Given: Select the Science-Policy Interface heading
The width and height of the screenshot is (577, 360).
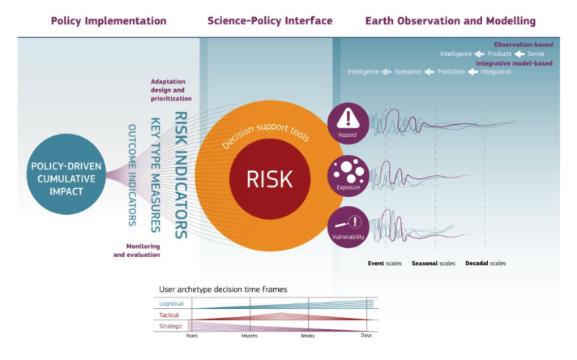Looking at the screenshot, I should pyautogui.click(x=269, y=20).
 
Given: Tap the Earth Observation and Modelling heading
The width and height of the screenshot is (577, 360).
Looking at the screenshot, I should pyautogui.click(x=451, y=20).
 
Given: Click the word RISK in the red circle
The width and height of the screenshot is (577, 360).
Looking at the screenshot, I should pyautogui.click(x=269, y=178).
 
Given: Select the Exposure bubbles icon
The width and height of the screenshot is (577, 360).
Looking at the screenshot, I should pyautogui.click(x=348, y=172).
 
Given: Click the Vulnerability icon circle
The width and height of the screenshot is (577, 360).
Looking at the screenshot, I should pyautogui.click(x=348, y=225).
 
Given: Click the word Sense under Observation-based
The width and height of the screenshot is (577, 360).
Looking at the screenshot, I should pyautogui.click(x=536, y=54).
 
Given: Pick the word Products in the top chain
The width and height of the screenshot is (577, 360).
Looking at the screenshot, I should pyautogui.click(x=499, y=54).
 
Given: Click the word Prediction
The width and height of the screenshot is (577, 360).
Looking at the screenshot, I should pyautogui.click(x=451, y=71).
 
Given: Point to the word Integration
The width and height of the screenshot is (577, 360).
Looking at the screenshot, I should pyautogui.click(x=496, y=71).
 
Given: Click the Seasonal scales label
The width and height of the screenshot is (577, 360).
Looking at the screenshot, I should pyautogui.click(x=433, y=264).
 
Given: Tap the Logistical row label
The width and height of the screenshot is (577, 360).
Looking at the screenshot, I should pyautogui.click(x=172, y=303).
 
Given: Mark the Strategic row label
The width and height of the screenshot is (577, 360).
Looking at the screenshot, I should pyautogui.click(x=172, y=325).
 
